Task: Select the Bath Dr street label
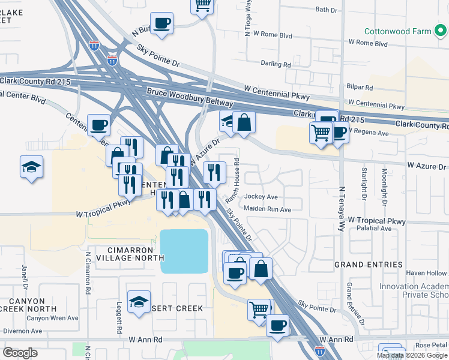[x=327, y=10]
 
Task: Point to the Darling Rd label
[x=276, y=63]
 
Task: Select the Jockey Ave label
[x=261, y=197]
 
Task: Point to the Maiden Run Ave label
[x=267, y=209]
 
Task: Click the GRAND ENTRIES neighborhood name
[x=368, y=265]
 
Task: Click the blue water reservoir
[x=184, y=250]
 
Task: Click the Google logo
[x=20, y=352]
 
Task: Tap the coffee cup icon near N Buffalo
[x=161, y=24]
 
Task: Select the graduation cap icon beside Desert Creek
[x=139, y=302]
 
